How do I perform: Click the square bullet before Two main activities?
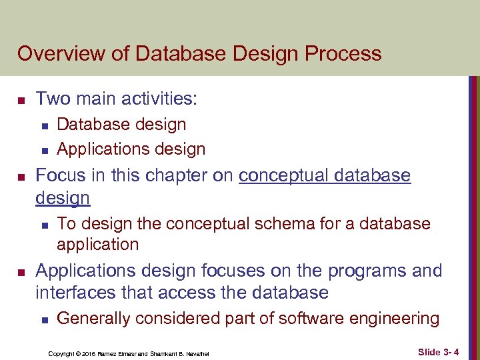pos(21,101)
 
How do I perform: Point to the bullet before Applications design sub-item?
pos(43,150)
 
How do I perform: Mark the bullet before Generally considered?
pos(43,320)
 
